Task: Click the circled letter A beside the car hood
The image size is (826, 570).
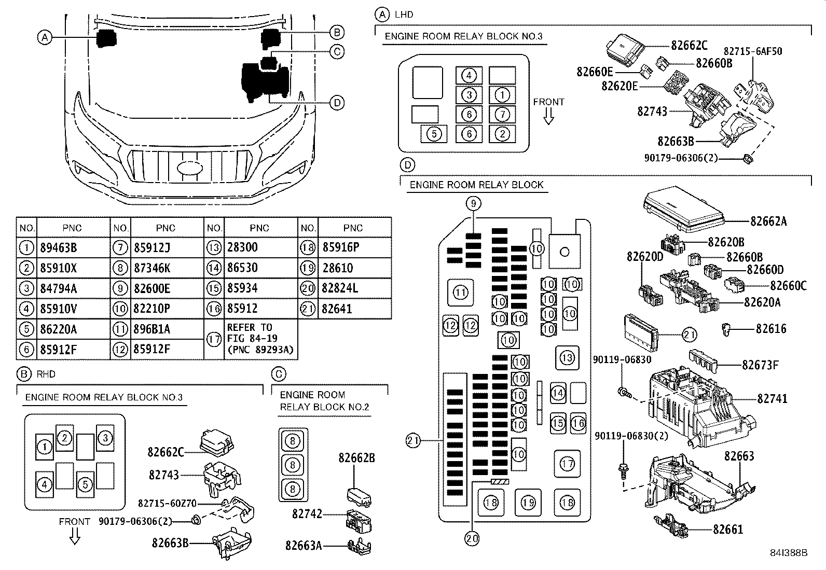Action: click(45, 37)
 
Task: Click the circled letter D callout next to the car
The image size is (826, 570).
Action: click(337, 103)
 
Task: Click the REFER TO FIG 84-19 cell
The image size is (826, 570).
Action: click(259, 339)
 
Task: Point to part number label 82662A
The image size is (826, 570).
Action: click(768, 221)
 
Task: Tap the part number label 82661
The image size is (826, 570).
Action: click(728, 530)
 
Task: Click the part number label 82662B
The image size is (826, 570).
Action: click(356, 458)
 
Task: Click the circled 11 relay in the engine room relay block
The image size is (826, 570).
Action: click(461, 293)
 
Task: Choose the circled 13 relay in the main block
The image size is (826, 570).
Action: click(567, 358)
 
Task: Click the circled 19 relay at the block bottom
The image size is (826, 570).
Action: click(528, 502)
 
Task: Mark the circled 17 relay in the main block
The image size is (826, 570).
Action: click(567, 463)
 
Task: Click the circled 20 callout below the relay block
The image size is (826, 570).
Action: click(472, 539)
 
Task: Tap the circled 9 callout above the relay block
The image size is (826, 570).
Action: click(473, 204)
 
